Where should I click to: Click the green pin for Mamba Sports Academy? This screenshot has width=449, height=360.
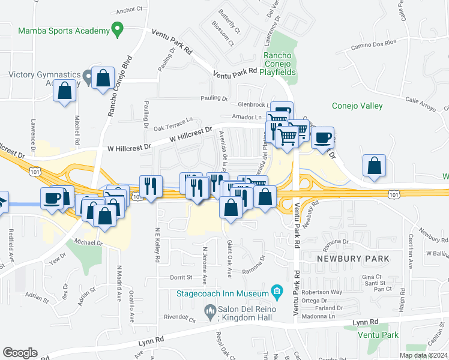(x=118, y=29)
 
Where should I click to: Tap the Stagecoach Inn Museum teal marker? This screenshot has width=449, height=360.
(x=276, y=293)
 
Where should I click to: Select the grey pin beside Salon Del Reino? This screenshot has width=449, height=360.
(x=209, y=310)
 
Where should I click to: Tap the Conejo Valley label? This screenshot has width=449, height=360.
(x=357, y=106)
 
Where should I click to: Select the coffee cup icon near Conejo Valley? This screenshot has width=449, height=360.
(x=322, y=137)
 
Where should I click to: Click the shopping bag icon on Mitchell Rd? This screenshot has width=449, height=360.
(x=65, y=91)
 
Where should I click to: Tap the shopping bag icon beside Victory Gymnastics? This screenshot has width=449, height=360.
(x=104, y=77)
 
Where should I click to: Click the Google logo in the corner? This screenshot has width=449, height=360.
(x=20, y=352)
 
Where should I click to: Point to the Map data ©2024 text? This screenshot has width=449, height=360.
(x=423, y=355)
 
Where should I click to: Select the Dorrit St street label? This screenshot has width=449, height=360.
(x=181, y=278)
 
